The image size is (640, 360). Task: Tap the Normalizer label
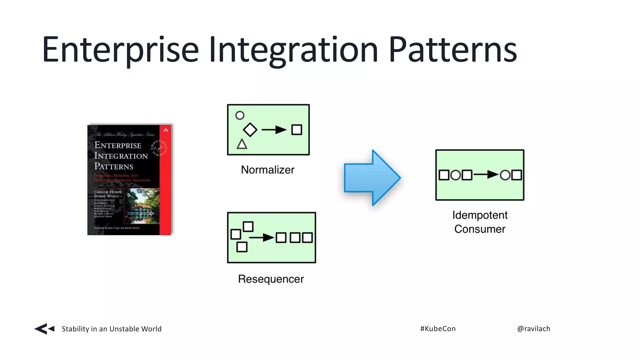coord(267,170)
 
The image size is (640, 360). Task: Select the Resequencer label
coord(271,279)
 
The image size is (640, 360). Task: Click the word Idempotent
coord(480,215)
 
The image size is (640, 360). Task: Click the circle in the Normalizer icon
coord(240,115)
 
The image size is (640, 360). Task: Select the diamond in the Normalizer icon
coord(250,130)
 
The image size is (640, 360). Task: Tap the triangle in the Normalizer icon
coord(242,144)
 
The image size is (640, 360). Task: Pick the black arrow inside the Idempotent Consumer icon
coord(486,175)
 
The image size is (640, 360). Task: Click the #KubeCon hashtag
coord(438,328)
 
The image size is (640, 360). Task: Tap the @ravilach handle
coord(533,328)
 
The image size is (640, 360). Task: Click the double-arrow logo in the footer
coord(44,329)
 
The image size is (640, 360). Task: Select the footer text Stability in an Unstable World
coord(112,329)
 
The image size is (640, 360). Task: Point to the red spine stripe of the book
coord(165,187)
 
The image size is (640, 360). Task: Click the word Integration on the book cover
coord(121,156)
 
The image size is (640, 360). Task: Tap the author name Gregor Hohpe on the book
coord(108,192)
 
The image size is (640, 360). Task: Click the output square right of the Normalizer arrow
coord(297,130)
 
